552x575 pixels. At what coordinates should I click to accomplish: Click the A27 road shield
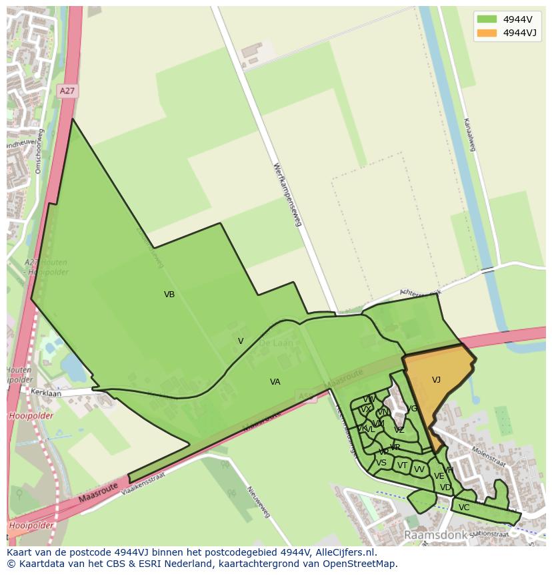(x=67, y=90)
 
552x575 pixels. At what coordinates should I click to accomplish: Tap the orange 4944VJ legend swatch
(x=487, y=33)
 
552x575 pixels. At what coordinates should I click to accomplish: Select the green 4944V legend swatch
(x=487, y=19)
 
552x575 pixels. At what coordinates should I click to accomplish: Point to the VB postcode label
(x=169, y=295)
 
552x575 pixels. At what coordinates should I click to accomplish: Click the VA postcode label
(x=275, y=382)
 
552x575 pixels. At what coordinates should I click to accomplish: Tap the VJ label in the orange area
(x=436, y=380)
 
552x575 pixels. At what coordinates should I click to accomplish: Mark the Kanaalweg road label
(x=468, y=134)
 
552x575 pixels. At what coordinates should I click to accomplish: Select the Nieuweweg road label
(x=259, y=502)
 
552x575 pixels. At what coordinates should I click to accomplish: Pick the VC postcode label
(x=464, y=508)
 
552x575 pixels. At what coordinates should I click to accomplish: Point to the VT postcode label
(x=402, y=465)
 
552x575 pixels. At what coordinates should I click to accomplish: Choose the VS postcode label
(x=381, y=463)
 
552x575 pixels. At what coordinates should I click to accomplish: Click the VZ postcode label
(x=399, y=430)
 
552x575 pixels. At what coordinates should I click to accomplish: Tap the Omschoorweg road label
(x=39, y=151)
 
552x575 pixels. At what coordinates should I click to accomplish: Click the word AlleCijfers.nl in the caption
(x=345, y=552)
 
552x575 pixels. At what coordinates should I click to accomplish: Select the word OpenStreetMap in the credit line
(x=359, y=564)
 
